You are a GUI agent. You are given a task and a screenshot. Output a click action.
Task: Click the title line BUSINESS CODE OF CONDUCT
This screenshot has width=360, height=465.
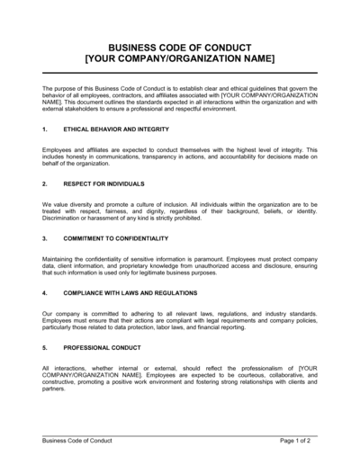pos(179,47)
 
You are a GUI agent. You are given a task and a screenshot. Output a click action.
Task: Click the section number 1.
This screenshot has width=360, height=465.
pos(44,130)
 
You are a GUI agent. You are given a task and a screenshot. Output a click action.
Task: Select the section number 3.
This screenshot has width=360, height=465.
pos(44,238)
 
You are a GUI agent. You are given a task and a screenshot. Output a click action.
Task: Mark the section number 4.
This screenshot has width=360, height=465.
pos(44,293)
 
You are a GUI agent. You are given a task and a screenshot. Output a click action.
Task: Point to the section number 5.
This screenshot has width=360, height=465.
pos(44,346)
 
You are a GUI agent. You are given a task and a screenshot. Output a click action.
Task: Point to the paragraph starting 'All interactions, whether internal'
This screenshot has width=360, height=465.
pos(179,379)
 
